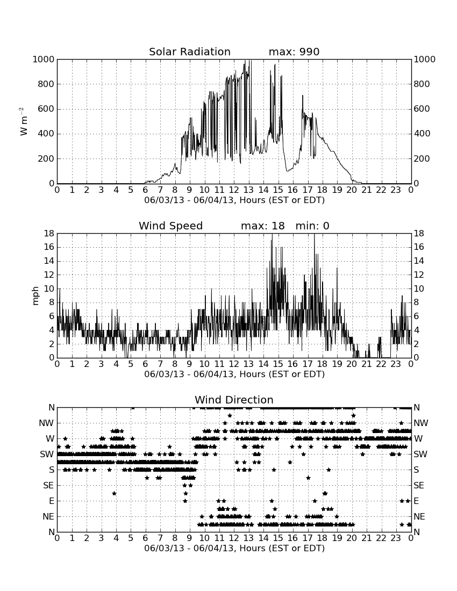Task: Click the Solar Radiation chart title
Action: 190,52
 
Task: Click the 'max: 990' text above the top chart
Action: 294,52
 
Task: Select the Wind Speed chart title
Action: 171,226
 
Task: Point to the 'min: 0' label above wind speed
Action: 312,226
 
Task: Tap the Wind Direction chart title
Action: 234,400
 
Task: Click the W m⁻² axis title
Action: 23,121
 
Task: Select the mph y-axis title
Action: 35,296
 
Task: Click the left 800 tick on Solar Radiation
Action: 46,84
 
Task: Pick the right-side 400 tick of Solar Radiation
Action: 422,133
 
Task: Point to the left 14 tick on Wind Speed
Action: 49,261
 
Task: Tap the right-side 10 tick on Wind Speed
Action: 419,289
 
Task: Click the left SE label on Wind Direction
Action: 48,486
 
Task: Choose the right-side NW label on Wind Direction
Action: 421,423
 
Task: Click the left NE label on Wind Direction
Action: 48,516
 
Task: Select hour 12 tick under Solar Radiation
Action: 234,190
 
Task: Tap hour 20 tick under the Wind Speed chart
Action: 352,364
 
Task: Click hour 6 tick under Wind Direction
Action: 146,538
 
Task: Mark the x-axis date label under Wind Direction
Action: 234,547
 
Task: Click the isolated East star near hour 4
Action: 114,493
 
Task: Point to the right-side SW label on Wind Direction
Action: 420,454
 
